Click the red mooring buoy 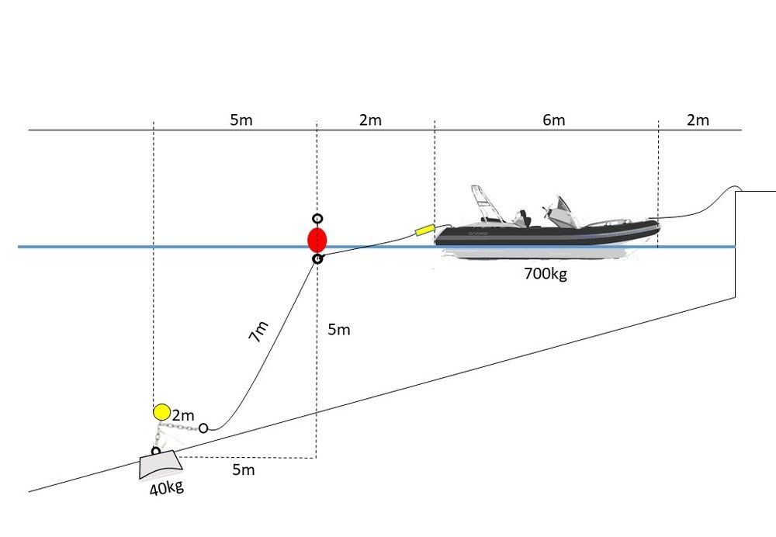click(317, 240)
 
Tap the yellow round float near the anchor click(162, 412)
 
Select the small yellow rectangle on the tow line click(425, 230)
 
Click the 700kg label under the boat click(546, 273)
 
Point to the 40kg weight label click(167, 488)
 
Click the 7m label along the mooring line click(258, 331)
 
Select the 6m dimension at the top click(554, 120)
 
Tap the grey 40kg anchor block click(161, 465)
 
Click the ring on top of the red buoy click(317, 219)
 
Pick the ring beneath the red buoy click(317, 259)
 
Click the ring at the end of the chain click(203, 428)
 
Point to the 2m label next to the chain click(183, 415)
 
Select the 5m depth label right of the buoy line click(339, 330)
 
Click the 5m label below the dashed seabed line click(244, 469)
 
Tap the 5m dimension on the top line click(241, 120)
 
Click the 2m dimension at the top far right click(698, 120)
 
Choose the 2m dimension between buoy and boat click(370, 120)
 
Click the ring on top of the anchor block click(156, 451)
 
